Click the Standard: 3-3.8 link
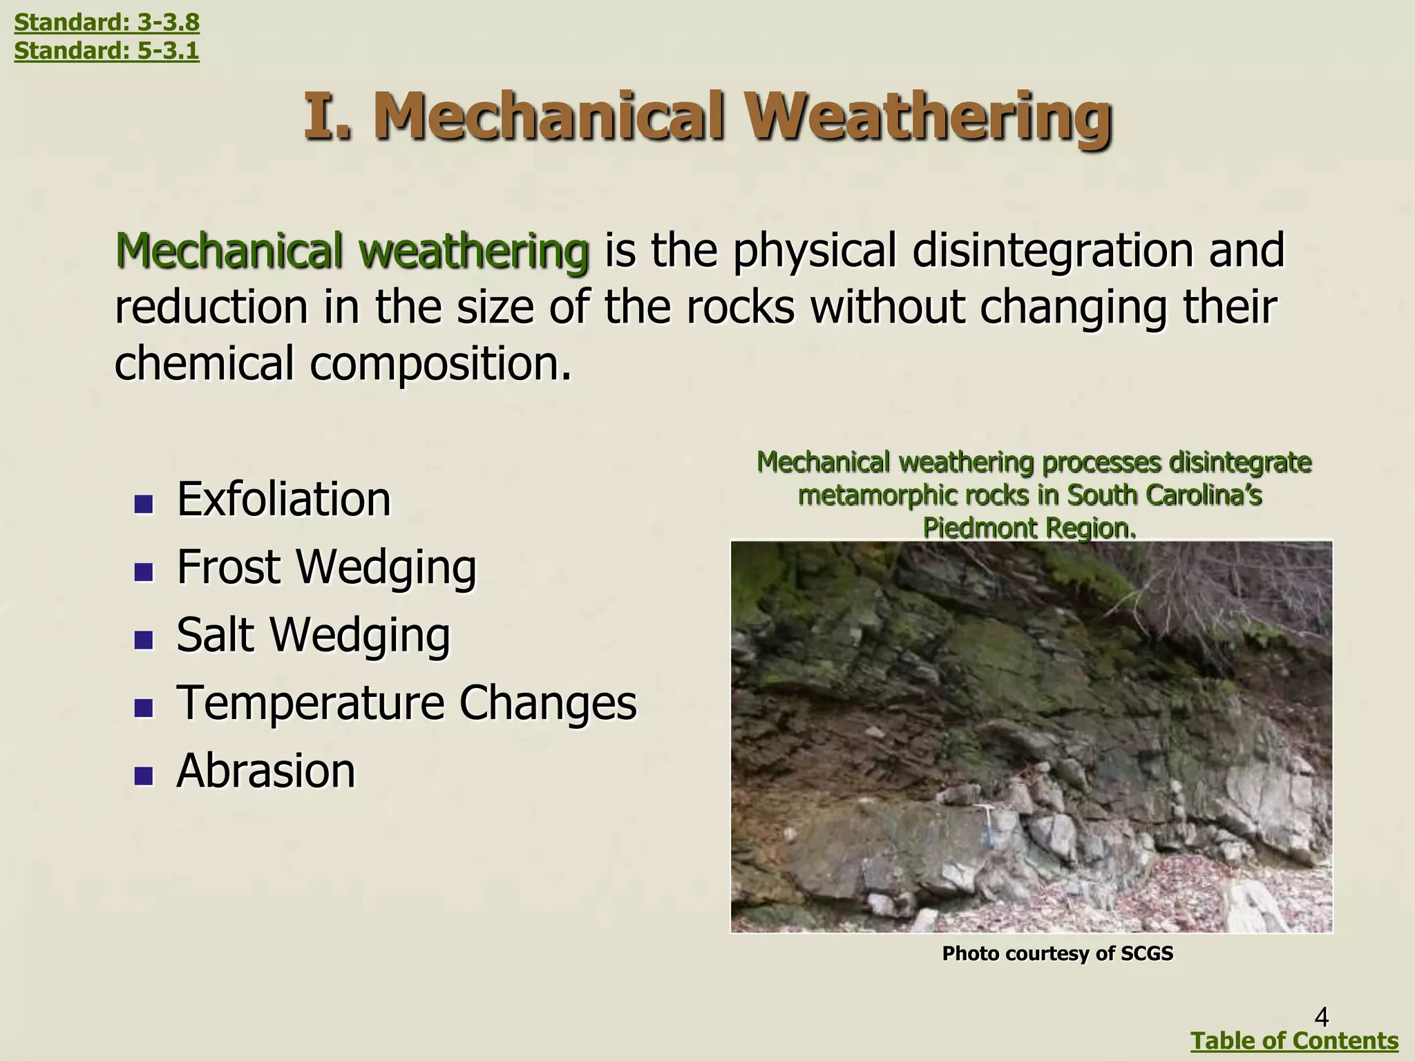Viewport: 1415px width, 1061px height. [106, 23]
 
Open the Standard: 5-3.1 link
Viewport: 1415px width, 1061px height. [106, 51]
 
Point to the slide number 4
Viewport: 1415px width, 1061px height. [1321, 1017]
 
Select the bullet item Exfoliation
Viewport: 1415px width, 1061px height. [283, 499]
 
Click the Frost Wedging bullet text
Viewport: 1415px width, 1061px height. [326, 567]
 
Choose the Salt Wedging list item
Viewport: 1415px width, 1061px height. [313, 635]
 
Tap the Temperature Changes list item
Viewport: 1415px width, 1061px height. [406, 702]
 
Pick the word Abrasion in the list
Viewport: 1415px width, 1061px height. [266, 771]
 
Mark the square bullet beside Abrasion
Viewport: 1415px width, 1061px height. [144, 776]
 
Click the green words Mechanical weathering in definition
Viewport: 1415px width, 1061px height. [352, 251]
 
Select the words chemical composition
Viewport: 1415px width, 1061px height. [342, 364]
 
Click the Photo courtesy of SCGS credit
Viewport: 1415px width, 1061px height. [1057, 954]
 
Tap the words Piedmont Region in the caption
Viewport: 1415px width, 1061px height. [1029, 528]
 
